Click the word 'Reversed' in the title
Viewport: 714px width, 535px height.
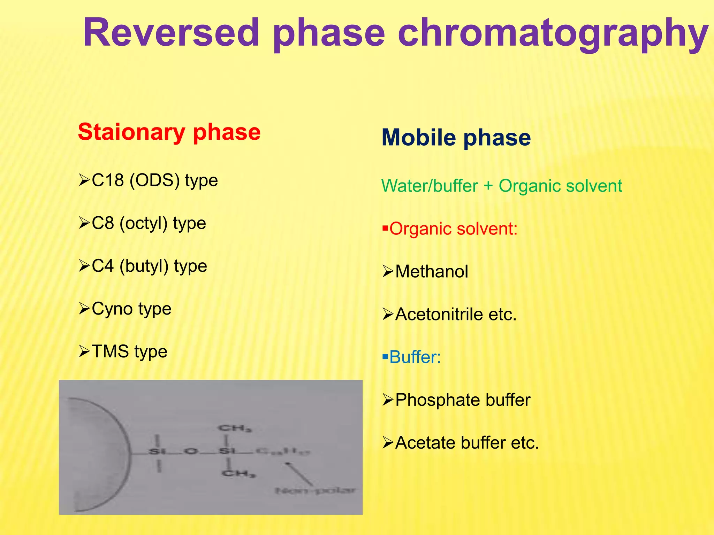[171, 33]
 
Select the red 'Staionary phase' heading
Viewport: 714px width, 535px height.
[169, 132]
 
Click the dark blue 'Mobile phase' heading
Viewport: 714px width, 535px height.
[456, 138]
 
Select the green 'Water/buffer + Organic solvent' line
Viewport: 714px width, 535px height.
[501, 186]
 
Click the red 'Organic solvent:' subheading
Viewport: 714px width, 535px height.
[453, 229]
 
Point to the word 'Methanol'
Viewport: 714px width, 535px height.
[432, 272]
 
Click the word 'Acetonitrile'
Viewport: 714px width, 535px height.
[439, 315]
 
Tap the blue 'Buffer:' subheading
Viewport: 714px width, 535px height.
[415, 357]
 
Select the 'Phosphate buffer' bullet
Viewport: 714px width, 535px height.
[463, 400]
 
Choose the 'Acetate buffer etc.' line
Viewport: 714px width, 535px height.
[467, 443]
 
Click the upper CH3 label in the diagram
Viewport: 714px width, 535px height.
[235, 428]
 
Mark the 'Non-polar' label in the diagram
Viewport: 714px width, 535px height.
[316, 491]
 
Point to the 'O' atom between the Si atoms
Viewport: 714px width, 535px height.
[191, 452]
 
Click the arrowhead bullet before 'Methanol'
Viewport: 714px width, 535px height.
[388, 271]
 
